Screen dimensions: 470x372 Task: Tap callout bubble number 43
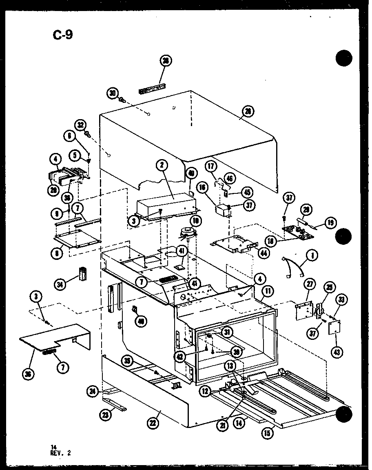point(337,351)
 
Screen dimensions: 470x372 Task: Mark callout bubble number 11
point(268,291)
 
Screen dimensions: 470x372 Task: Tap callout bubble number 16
point(202,187)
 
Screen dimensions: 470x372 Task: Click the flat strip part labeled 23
point(115,404)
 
